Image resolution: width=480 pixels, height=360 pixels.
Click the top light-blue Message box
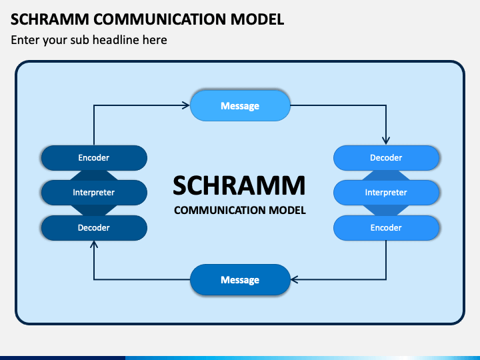(x=240, y=105)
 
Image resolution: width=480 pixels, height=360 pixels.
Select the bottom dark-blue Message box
(x=240, y=280)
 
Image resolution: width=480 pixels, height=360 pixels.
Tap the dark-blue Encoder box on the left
(x=94, y=157)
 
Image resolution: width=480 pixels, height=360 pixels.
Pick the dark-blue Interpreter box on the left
(x=94, y=193)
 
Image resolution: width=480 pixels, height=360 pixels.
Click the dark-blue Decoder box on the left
(x=94, y=228)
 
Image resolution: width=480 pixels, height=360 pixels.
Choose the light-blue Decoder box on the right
(x=386, y=157)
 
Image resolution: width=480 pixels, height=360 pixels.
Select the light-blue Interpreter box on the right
(x=386, y=193)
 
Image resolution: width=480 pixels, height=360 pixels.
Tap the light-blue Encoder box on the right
(x=386, y=228)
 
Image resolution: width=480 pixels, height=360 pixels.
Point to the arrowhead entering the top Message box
(x=186, y=105)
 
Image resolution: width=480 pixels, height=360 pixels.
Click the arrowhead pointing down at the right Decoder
(x=386, y=141)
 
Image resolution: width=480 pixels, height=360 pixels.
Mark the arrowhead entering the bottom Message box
(x=294, y=279)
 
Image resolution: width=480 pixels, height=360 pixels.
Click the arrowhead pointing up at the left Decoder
(x=94, y=244)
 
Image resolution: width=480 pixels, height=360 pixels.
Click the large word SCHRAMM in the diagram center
(x=239, y=185)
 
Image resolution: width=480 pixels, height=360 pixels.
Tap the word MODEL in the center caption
(x=287, y=210)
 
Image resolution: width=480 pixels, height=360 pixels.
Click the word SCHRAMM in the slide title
(x=50, y=19)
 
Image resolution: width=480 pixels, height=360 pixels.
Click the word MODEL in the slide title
(x=257, y=19)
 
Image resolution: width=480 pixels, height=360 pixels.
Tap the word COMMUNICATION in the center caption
(x=220, y=210)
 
